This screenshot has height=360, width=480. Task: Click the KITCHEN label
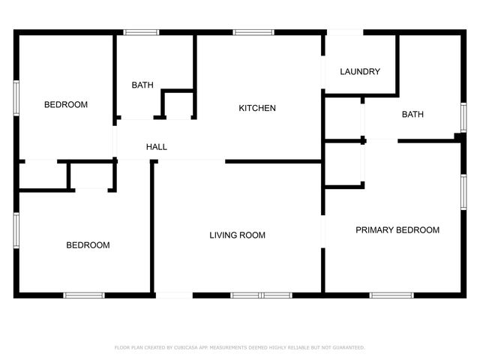coord(257,108)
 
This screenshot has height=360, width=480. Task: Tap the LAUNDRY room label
coord(360,72)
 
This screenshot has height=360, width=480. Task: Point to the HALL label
coord(157,147)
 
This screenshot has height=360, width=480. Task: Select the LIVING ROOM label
coord(237,235)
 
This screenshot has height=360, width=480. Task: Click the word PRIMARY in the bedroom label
coord(373,230)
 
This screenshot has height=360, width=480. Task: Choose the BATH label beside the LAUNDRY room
coord(412,115)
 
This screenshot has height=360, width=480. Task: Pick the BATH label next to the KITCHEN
coord(142,85)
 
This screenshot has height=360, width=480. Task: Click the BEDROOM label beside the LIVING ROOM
coord(88,245)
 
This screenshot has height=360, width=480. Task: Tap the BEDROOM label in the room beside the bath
coord(66,105)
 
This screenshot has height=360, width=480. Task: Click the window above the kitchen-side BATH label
coord(141,32)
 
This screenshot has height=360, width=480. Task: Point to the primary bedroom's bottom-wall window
coord(391,295)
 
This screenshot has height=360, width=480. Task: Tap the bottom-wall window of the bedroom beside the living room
coord(83,295)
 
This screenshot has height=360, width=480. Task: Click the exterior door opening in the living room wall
coord(173,295)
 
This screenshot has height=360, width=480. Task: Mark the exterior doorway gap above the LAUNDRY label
coord(343,32)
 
